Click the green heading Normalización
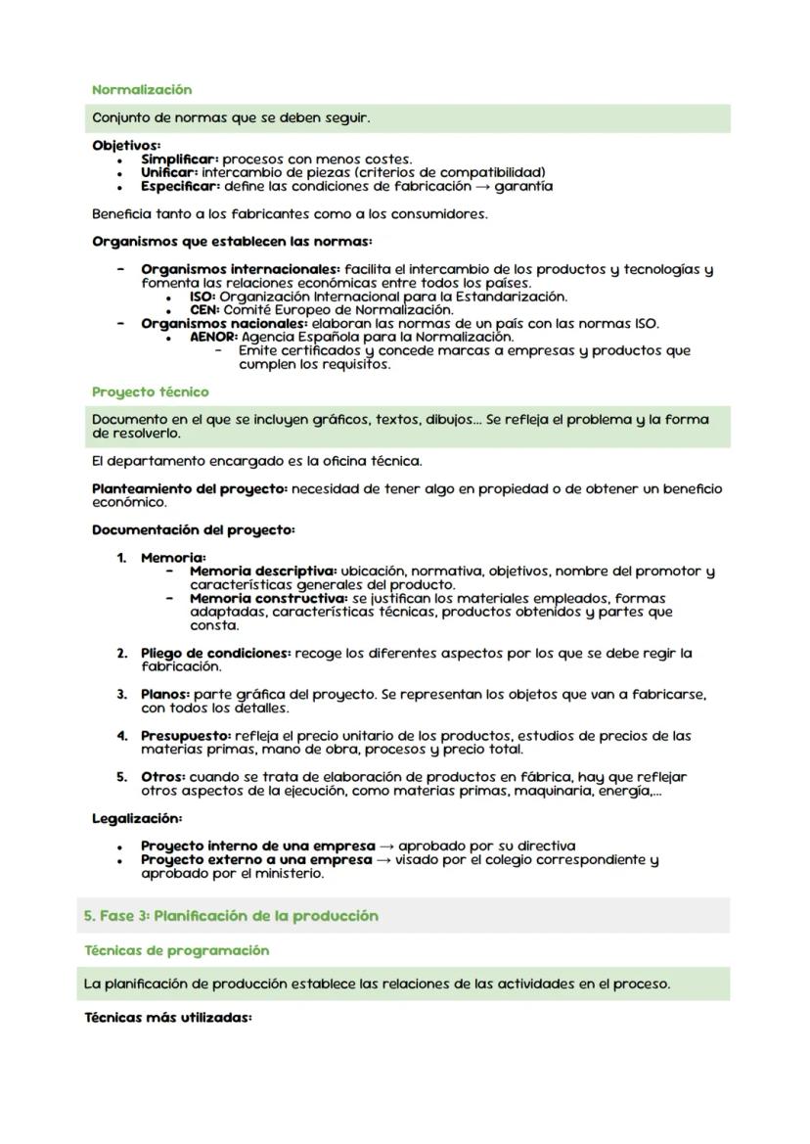(142, 89)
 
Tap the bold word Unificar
(169, 172)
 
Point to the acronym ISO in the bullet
(202, 296)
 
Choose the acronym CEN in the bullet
(204, 309)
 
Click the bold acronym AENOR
(213, 337)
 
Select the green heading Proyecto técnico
(150, 391)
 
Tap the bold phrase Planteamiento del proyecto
(190, 488)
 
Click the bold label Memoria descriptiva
(262, 571)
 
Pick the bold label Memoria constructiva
(268, 598)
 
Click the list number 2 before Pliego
(122, 653)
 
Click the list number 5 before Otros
(122, 777)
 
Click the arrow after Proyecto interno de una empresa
(386, 846)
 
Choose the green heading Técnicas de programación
(176, 950)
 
